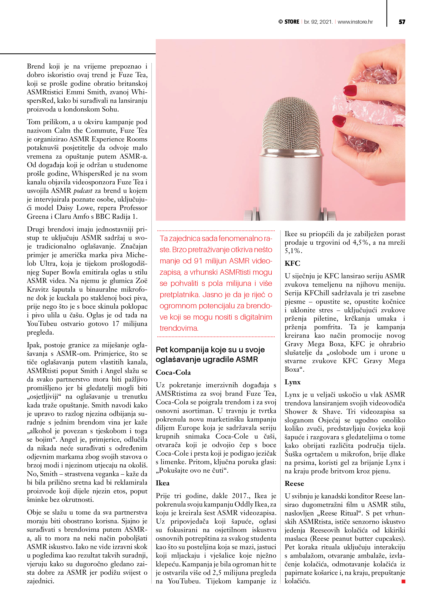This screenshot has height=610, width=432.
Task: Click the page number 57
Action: coord(402,22)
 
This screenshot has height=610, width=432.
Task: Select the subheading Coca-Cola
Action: coord(173,372)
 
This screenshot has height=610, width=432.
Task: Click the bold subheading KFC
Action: coord(292,263)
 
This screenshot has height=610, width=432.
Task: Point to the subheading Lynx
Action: coord(292,382)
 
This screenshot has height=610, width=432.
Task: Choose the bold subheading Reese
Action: coord(294,484)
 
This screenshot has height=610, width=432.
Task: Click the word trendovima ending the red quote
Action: coord(179,328)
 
